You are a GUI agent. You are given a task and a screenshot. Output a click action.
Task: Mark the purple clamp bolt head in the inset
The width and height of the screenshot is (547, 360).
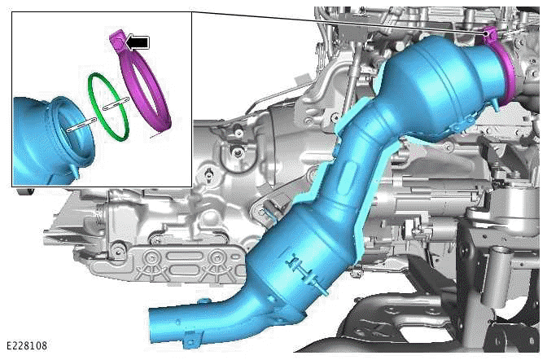[x=117, y=37]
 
